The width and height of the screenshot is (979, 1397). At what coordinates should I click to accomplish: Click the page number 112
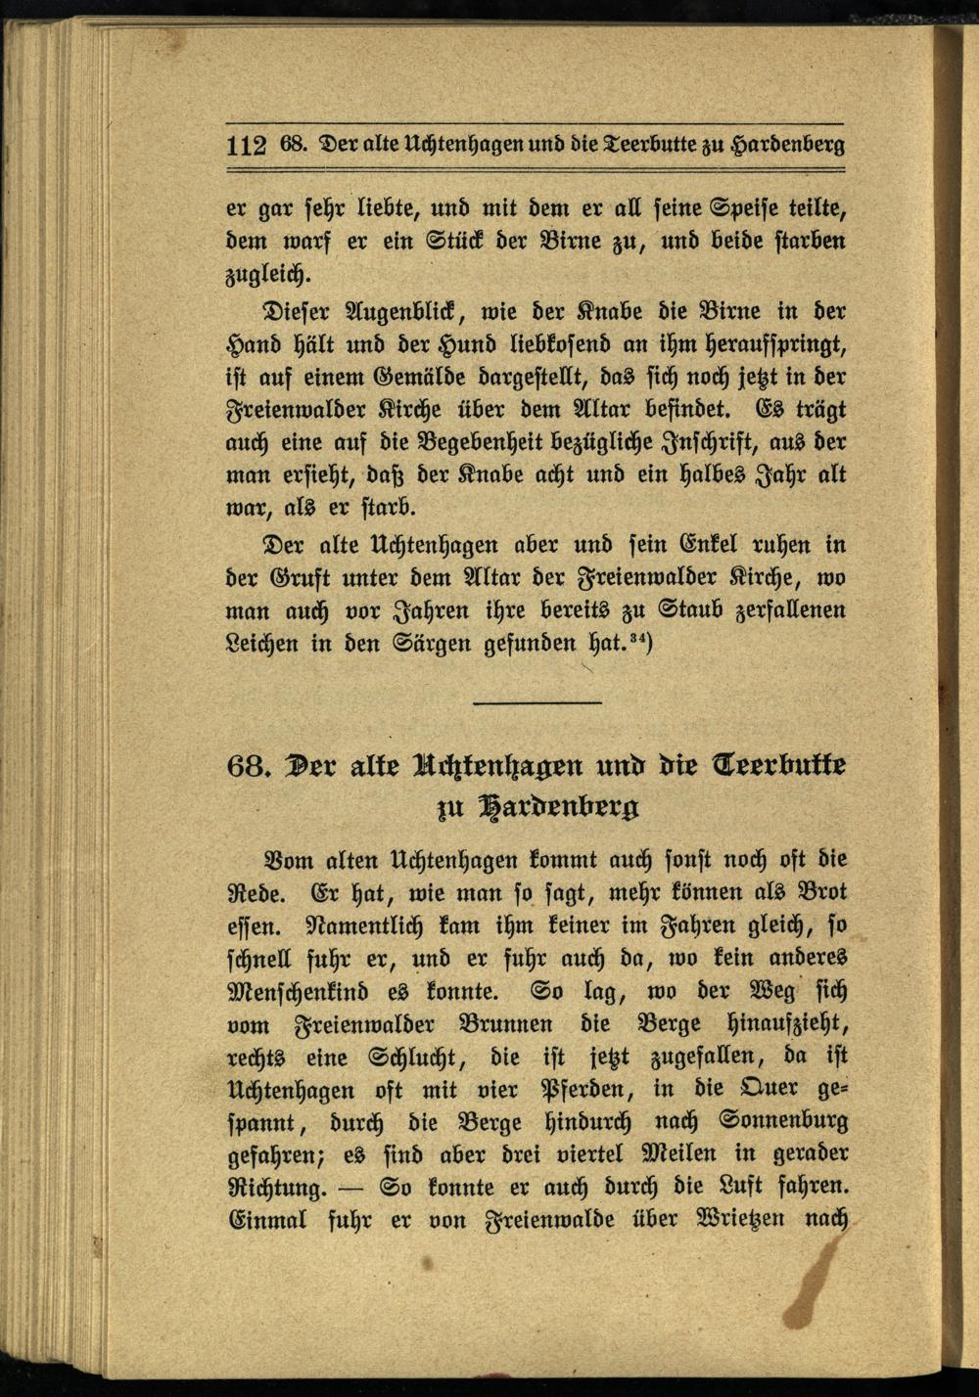coord(246,146)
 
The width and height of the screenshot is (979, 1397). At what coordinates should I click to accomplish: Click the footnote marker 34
coord(640,639)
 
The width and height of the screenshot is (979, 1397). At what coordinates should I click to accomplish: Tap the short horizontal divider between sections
coord(536,702)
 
